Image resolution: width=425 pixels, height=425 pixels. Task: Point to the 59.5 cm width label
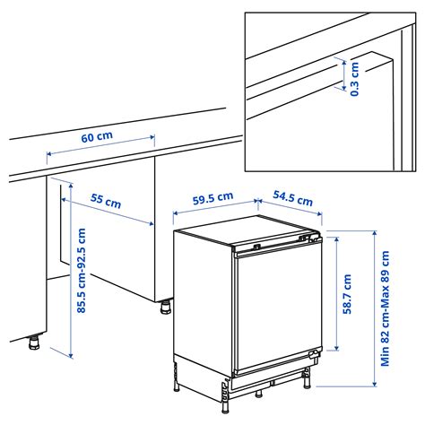(213, 198)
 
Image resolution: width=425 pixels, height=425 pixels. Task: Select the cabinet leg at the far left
(33, 342)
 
